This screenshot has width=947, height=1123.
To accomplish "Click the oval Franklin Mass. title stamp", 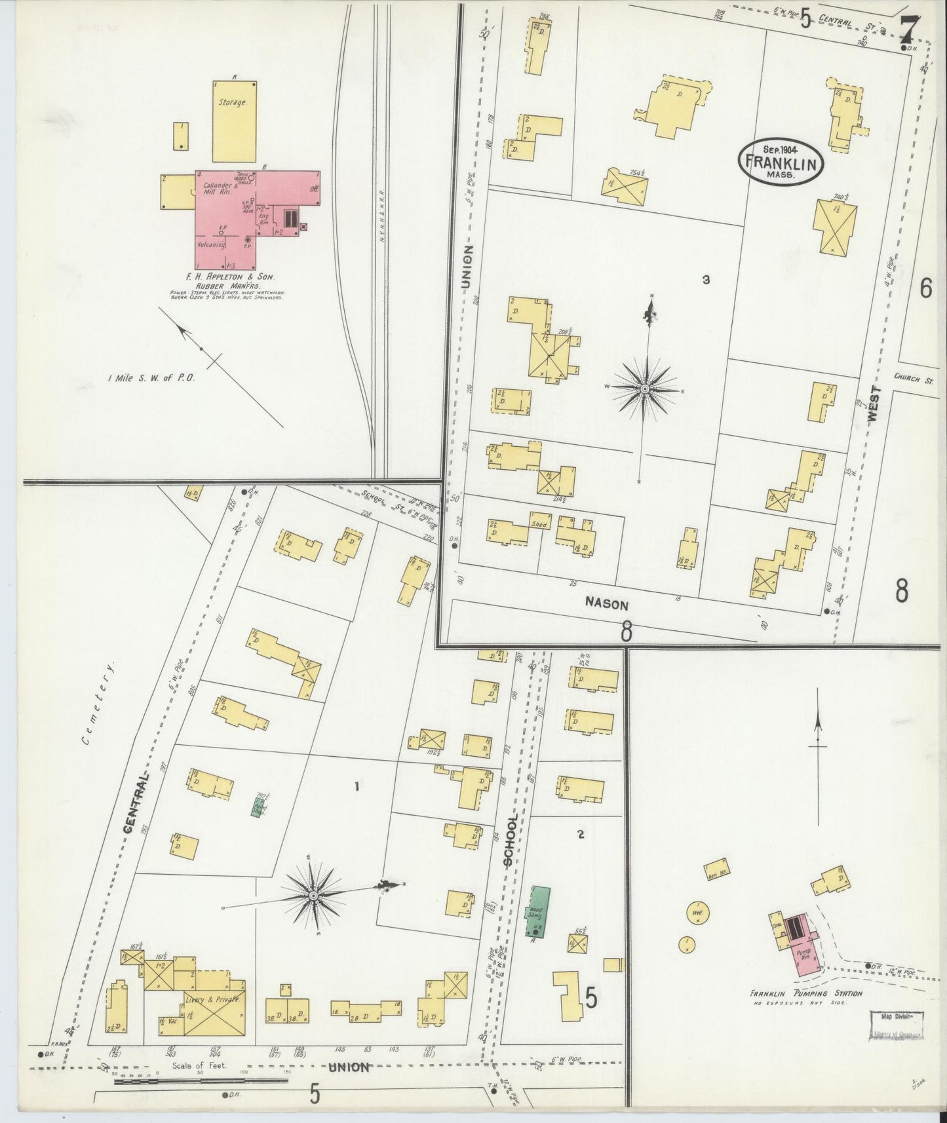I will pos(781,162).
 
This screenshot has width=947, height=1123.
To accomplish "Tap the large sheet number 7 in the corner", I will pos(908,28).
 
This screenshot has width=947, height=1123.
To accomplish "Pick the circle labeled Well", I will pos(697,912).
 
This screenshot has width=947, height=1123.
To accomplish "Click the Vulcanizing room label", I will pos(212,244).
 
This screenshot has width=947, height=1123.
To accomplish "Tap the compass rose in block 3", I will pos(645,389).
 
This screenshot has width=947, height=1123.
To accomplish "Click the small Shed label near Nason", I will pos(539,525).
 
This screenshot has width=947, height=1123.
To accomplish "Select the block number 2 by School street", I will pos(581,834).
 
